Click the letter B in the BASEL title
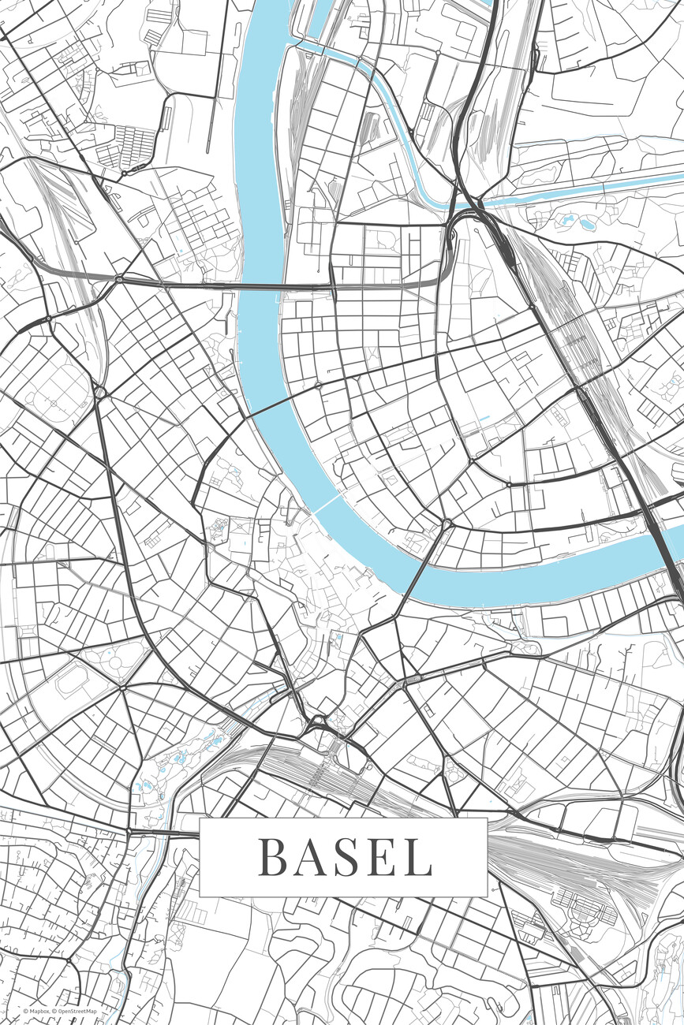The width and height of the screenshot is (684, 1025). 272,857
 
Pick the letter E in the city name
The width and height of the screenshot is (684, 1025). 386,857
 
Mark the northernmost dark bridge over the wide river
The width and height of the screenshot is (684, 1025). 260,286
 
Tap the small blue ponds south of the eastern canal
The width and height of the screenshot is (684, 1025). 588,223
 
